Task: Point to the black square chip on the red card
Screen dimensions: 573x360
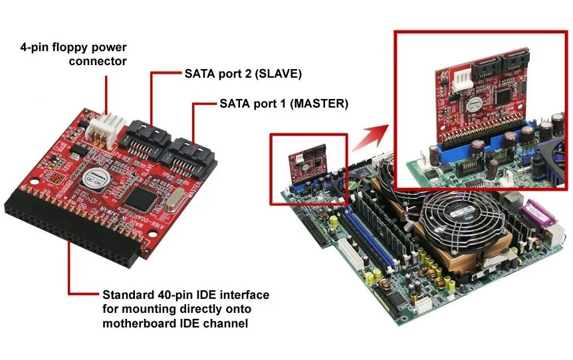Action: (141, 197)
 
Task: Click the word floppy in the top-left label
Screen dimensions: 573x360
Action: (59, 48)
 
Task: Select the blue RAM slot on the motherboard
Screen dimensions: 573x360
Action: (362, 232)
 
